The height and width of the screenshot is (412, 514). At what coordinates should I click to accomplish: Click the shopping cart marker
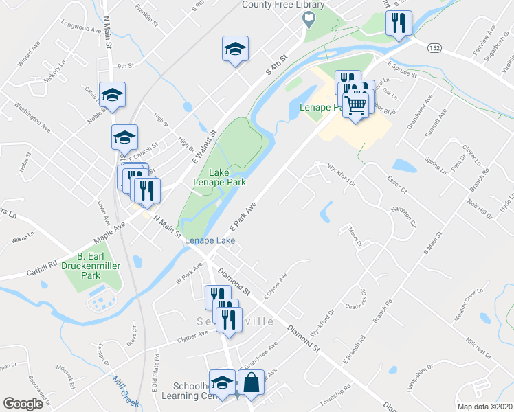coord(355,106)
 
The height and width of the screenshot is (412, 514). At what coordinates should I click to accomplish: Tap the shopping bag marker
coord(252,383)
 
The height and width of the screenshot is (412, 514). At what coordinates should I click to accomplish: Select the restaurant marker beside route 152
coord(399,24)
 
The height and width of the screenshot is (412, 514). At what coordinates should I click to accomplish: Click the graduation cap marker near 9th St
coord(235,49)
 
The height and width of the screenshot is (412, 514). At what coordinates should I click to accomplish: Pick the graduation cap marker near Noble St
coord(113,95)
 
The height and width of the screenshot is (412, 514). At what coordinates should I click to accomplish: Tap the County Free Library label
coord(274,4)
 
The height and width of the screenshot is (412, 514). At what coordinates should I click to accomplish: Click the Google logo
coord(23,404)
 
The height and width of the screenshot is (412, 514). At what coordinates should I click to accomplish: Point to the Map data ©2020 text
coord(484,407)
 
